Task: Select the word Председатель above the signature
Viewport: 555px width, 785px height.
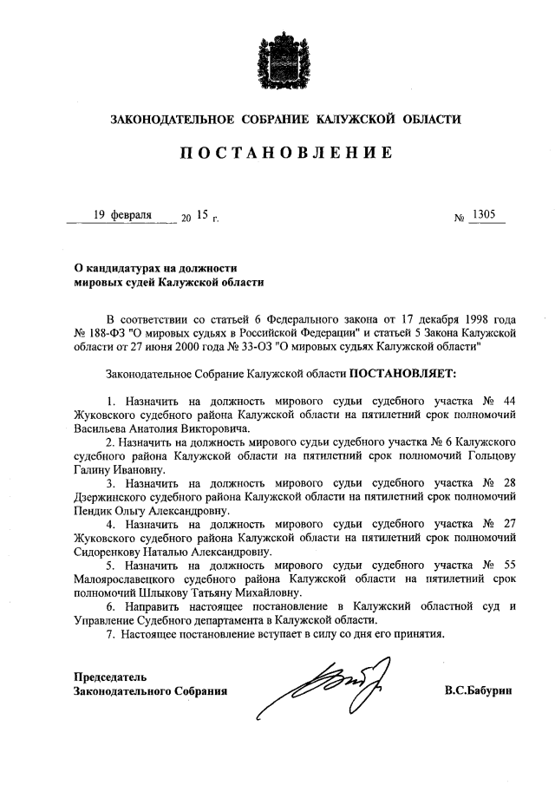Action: [110, 676]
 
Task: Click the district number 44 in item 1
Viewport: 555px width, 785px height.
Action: [509, 401]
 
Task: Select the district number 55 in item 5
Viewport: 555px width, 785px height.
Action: [509, 566]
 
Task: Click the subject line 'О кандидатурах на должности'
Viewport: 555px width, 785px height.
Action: [155, 268]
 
